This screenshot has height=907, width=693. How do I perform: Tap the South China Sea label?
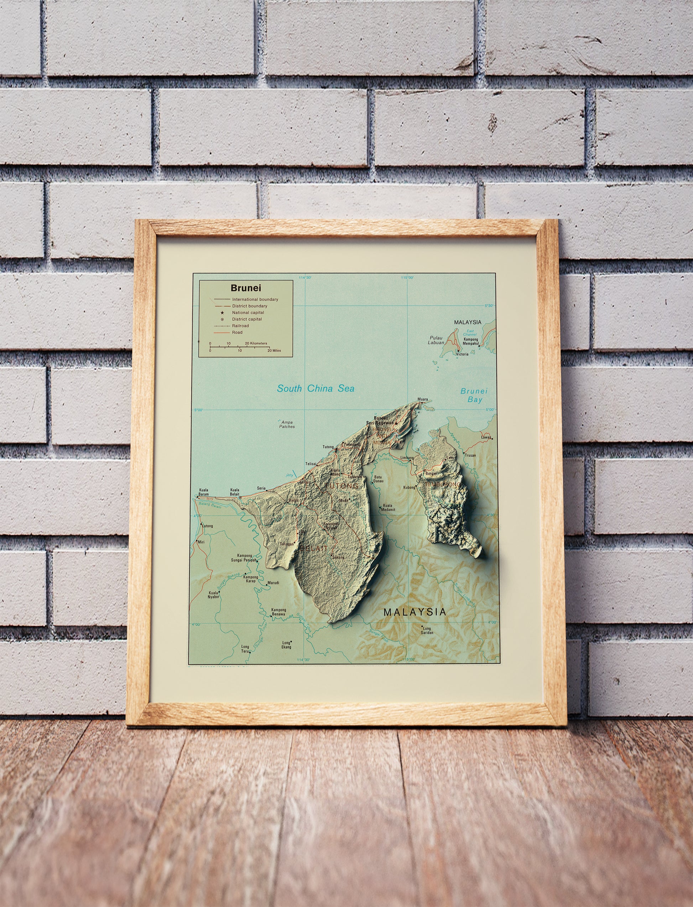pyautogui.click(x=316, y=388)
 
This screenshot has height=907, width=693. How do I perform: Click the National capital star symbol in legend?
pyautogui.click(x=222, y=313)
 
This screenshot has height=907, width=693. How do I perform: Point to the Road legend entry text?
pyautogui.click(x=237, y=333)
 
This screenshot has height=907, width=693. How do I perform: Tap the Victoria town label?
pyautogui.click(x=462, y=354)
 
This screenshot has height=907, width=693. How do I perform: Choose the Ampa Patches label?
pyautogui.click(x=287, y=424)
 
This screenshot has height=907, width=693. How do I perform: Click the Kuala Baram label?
pyautogui.click(x=203, y=492)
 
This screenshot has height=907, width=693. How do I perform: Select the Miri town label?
pyautogui.click(x=201, y=542)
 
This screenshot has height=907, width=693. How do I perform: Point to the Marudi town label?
pyautogui.click(x=273, y=583)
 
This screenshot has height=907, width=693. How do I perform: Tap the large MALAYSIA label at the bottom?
pyautogui.click(x=415, y=612)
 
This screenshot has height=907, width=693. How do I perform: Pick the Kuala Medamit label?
pyautogui.click(x=389, y=507)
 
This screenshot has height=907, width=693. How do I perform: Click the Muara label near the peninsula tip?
pyautogui.click(x=422, y=400)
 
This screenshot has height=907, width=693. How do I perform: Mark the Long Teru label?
pyautogui.click(x=245, y=649)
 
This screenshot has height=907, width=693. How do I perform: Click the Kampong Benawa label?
pyautogui.click(x=278, y=612)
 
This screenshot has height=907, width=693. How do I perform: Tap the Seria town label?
pyautogui.click(x=261, y=488)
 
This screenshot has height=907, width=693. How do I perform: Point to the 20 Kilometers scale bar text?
pyautogui.click(x=256, y=343)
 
